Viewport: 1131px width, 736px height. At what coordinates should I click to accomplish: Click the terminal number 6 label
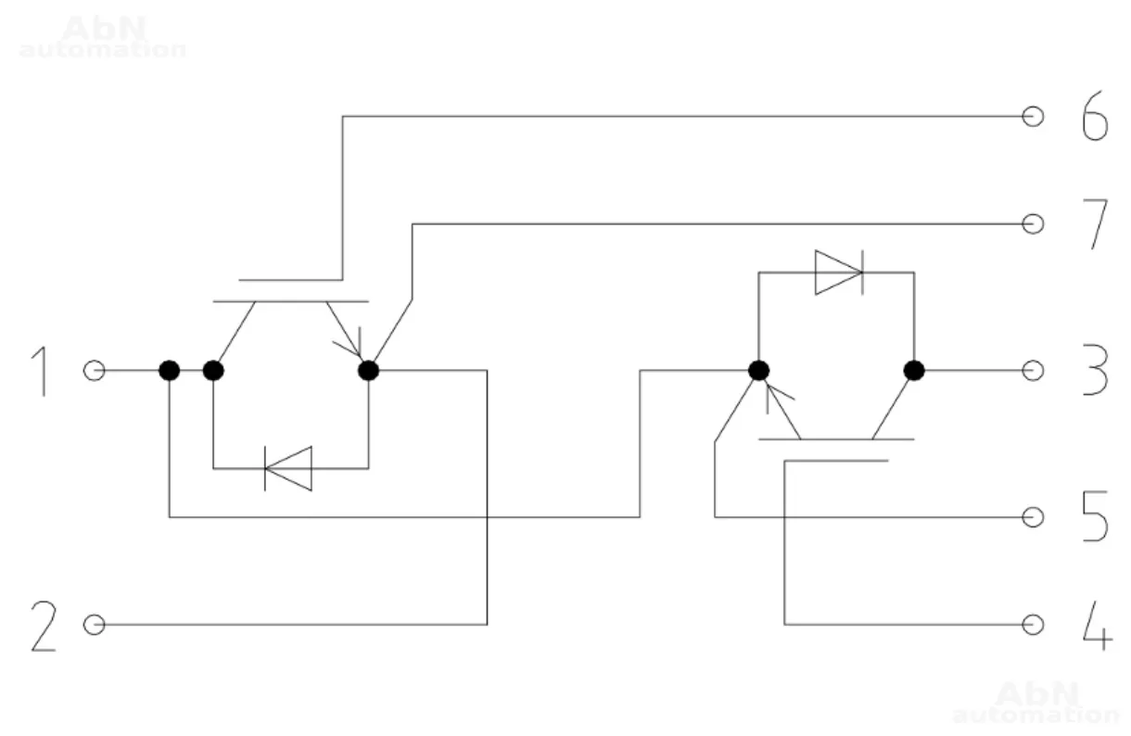point(1095,117)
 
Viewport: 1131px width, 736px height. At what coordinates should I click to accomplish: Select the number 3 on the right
point(1095,371)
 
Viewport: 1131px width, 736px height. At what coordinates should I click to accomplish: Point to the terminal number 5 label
point(1095,517)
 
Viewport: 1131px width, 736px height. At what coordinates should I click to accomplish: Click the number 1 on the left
point(40,371)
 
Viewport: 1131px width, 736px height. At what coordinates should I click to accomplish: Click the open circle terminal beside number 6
point(1033,117)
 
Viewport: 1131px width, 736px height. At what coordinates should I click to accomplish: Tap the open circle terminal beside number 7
point(1033,224)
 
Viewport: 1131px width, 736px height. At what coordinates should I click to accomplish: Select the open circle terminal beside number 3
point(1033,371)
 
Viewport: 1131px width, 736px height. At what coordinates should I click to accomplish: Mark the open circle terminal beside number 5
point(1033,517)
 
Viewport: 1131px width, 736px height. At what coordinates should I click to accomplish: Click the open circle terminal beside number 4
point(1033,625)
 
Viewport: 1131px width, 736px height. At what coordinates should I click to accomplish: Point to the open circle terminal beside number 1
point(94,371)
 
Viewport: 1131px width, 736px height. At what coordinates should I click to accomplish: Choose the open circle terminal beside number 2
point(94,625)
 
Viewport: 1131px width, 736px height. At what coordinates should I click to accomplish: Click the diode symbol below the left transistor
point(287,468)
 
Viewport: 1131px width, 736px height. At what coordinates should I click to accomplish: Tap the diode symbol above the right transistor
point(839,273)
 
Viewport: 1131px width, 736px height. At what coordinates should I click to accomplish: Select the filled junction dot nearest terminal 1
point(169,371)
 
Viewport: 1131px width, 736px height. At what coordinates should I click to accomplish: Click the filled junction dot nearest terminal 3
point(914,371)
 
